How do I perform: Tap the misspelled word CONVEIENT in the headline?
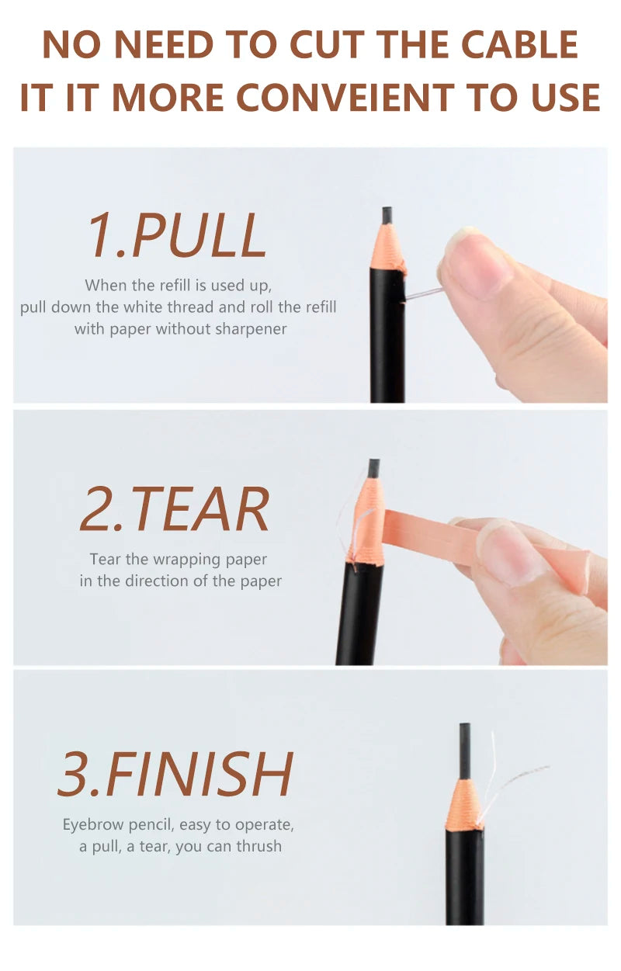click(x=345, y=98)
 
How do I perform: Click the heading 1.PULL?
click(x=176, y=235)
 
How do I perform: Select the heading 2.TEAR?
click(x=175, y=509)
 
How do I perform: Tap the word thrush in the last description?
click(x=259, y=846)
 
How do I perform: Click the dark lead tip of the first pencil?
click(x=387, y=215)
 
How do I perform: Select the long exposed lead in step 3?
click(x=464, y=750)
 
